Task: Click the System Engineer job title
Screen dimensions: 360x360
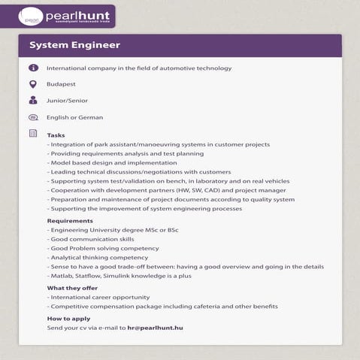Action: pos(74,45)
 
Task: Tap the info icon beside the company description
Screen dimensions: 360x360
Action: pos(32,68)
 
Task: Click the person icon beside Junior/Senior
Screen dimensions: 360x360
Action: pos(32,100)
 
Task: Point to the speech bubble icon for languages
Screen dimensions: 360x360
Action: pos(32,117)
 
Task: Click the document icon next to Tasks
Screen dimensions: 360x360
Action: pos(32,134)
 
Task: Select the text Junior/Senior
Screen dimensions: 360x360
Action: pos(66,101)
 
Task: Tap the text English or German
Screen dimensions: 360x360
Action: pos(74,117)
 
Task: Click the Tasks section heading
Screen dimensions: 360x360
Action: pos(56,135)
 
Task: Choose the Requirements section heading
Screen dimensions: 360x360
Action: pos(70,221)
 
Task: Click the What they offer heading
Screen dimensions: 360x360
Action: pos(72,288)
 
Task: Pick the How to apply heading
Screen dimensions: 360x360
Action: pos(68,319)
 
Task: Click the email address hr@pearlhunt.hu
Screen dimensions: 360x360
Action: pos(156,328)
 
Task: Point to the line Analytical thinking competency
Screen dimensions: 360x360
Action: pos(98,257)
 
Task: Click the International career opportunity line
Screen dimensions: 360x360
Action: pos(98,297)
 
